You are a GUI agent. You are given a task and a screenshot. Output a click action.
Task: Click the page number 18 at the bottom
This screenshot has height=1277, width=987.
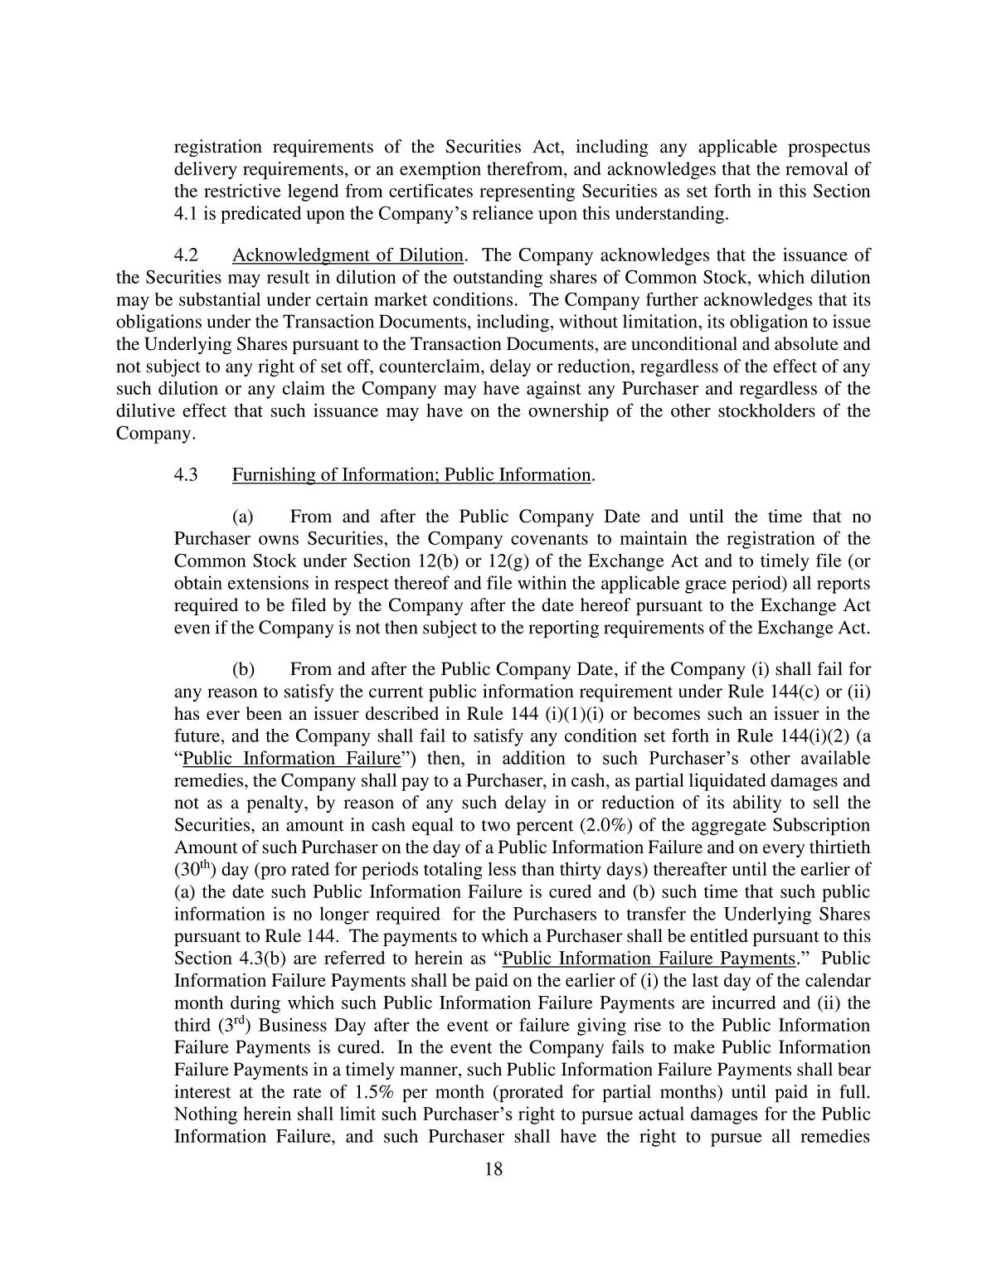click(x=494, y=1169)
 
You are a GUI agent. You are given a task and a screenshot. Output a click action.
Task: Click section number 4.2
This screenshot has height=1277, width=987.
click(x=186, y=255)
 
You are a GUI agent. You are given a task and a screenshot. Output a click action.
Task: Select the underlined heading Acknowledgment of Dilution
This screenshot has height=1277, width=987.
click(x=348, y=255)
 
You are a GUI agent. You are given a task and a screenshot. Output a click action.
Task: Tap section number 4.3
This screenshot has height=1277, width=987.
click(x=186, y=475)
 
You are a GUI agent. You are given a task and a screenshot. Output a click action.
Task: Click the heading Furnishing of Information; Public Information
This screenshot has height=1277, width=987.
click(x=411, y=475)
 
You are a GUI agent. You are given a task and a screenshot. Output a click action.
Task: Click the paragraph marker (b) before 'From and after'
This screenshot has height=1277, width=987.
click(x=243, y=670)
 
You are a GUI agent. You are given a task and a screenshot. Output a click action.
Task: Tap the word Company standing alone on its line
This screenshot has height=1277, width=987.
click(x=154, y=434)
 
